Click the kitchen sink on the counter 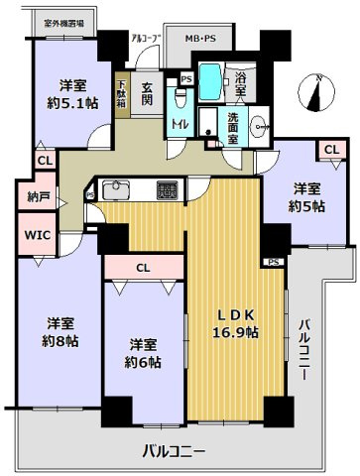point(112,188)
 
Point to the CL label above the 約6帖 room point(143,266)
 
